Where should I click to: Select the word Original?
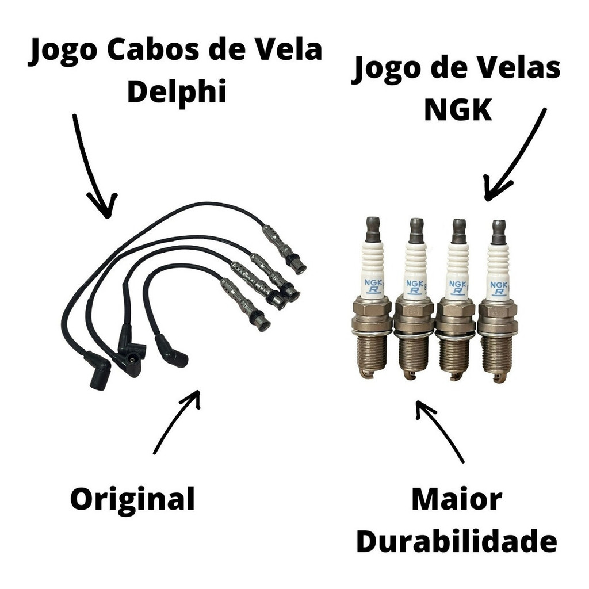point(132,499)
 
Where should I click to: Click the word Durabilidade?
point(457,541)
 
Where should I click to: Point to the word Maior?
point(457,500)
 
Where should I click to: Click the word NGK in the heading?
point(458,109)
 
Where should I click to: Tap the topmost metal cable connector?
point(284,248)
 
